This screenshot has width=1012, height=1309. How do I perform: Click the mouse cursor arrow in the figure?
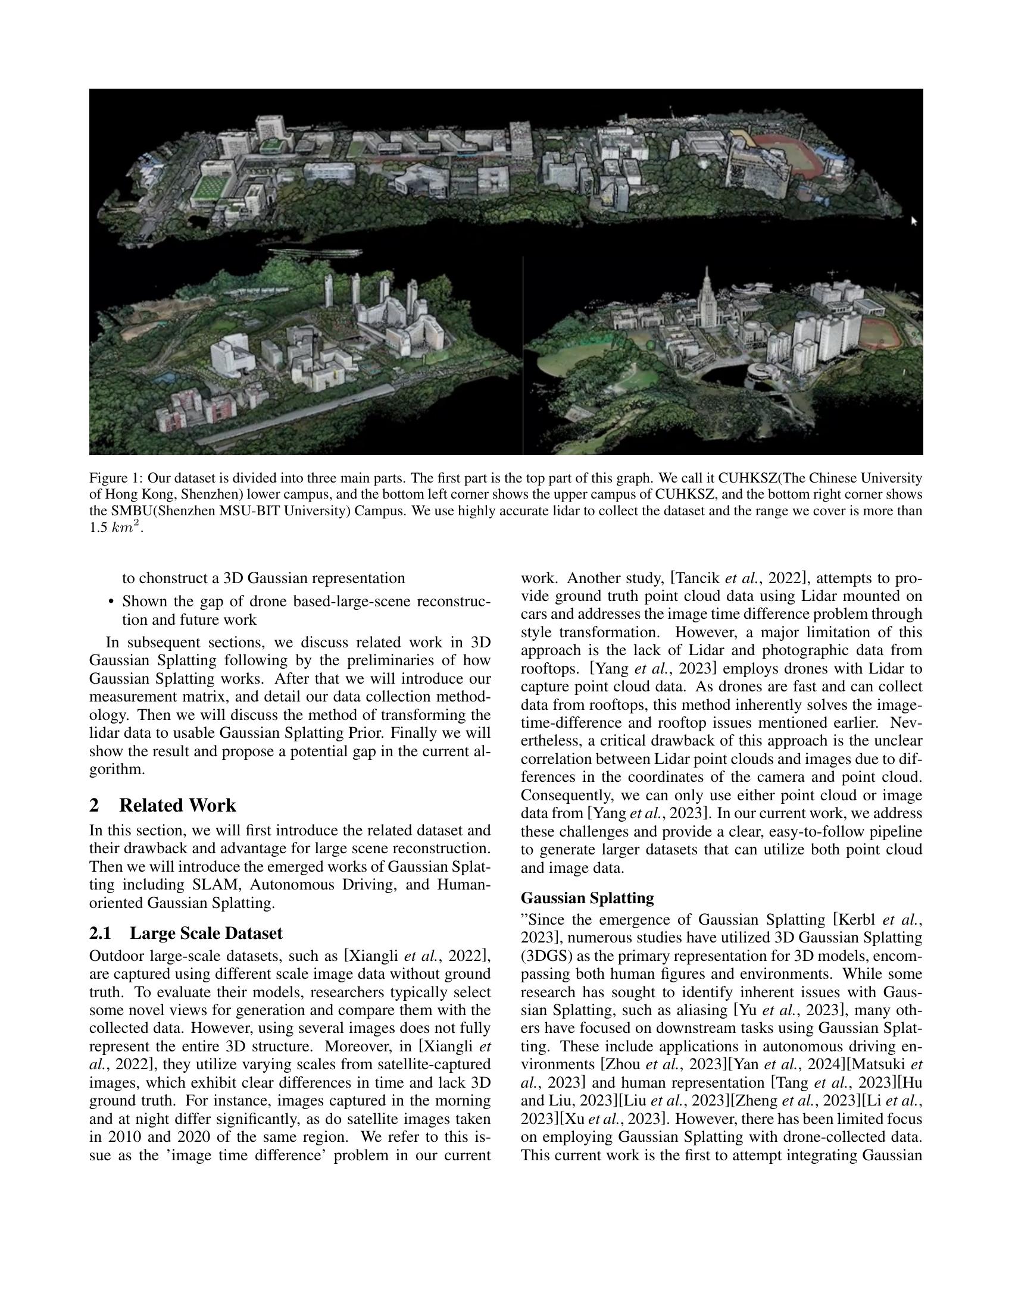[914, 221]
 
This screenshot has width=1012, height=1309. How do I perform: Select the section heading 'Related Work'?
[177, 805]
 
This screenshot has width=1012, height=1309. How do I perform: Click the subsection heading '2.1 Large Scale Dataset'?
[186, 933]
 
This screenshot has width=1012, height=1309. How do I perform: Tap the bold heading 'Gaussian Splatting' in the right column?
[587, 898]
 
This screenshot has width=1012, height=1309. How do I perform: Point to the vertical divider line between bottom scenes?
[523, 353]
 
